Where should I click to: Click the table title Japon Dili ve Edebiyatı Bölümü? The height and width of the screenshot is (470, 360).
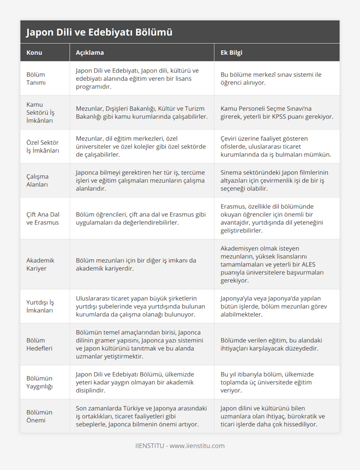point(99,32)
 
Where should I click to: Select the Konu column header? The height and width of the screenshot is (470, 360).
point(34,53)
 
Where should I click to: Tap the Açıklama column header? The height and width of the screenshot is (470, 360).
point(90,53)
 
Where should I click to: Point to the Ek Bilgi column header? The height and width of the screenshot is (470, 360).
point(231,53)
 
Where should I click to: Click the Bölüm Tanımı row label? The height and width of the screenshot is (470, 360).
point(36,79)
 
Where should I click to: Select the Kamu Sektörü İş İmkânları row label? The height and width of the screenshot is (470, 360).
point(40,112)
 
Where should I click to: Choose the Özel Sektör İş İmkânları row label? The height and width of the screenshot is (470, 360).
point(43,146)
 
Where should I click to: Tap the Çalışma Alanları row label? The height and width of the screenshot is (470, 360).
point(37,180)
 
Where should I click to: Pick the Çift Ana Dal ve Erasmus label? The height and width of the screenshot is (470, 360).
point(43,219)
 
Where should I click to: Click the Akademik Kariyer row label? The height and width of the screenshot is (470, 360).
point(40,264)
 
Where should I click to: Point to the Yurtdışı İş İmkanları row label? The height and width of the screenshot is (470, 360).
point(40,306)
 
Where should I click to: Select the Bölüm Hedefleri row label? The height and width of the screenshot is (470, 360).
point(39,344)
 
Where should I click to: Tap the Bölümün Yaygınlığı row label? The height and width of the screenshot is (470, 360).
point(39,382)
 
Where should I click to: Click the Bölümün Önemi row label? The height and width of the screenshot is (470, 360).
point(39,416)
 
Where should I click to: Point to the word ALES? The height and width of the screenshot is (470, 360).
point(308,264)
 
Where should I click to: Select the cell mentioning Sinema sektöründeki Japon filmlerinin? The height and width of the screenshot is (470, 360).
point(274,180)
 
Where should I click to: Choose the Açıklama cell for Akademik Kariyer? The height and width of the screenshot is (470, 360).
point(136,264)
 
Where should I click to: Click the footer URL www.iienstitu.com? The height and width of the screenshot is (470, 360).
point(197,446)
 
